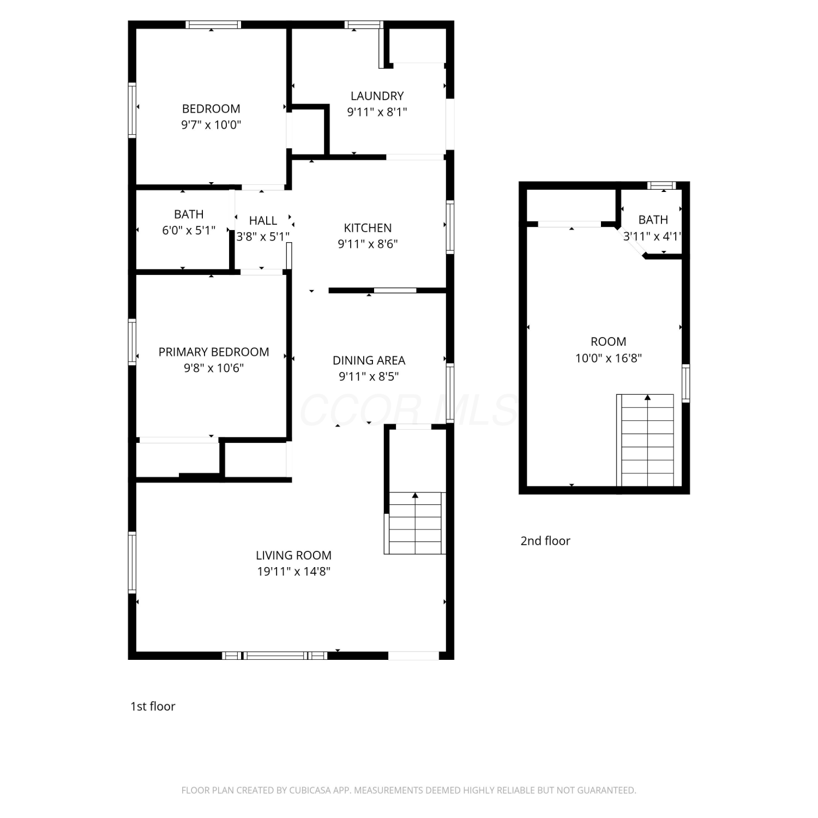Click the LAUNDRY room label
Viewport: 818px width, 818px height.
point(377,96)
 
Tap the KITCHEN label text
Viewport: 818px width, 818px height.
point(368,228)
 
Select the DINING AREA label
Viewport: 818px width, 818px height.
point(369,360)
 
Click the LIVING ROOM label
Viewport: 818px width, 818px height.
point(293,555)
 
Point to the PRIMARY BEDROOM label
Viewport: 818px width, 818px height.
point(214,352)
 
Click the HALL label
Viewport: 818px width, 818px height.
point(263,220)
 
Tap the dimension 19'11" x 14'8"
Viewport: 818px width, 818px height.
point(294,572)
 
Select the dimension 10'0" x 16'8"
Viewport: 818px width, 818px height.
point(609,358)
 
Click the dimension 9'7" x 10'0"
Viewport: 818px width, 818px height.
point(211,125)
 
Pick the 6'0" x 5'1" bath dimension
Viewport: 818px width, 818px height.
point(189,231)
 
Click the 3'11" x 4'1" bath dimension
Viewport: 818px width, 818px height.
point(652,237)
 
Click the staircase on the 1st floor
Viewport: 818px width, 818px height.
point(415,523)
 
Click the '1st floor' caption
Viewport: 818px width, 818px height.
point(153,706)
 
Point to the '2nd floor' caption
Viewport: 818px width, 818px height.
point(545,541)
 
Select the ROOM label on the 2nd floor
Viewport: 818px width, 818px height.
point(609,342)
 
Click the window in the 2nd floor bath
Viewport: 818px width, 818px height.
point(661,185)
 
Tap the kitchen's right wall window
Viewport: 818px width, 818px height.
point(450,227)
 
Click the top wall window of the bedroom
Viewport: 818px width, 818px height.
point(213,25)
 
